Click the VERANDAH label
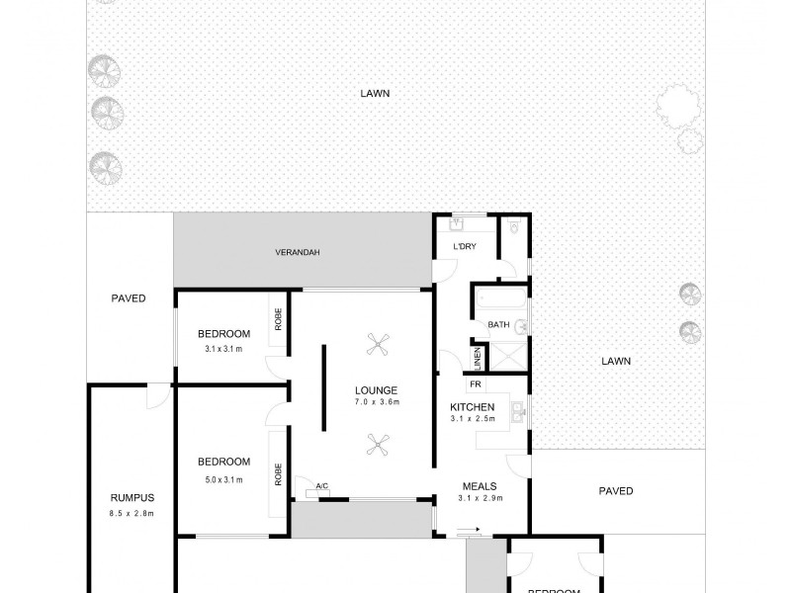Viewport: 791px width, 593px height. coord(298,253)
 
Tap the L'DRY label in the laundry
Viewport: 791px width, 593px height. coord(463,246)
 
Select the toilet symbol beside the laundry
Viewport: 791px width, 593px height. coord(512,229)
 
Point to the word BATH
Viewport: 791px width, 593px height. coord(497,324)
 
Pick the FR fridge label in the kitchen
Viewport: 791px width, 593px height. coord(475,383)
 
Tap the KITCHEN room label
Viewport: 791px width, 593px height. coord(472,407)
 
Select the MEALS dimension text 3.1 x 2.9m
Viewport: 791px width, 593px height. coord(481,498)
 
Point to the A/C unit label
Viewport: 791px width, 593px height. coord(321,484)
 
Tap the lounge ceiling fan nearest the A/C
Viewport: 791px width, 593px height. coord(376,444)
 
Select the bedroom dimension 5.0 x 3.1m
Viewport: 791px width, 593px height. coord(223,479)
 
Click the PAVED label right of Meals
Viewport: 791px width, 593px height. coord(616,491)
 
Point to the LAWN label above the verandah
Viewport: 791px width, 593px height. coord(375,94)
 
